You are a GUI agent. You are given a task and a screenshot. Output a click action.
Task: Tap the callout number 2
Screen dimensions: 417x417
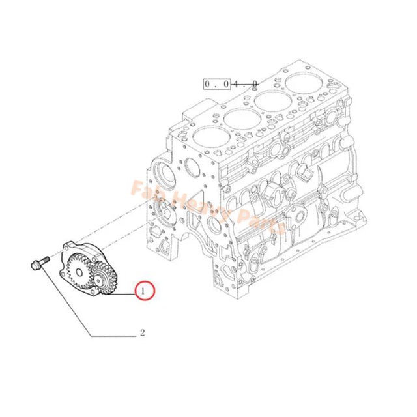tap(142, 334)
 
